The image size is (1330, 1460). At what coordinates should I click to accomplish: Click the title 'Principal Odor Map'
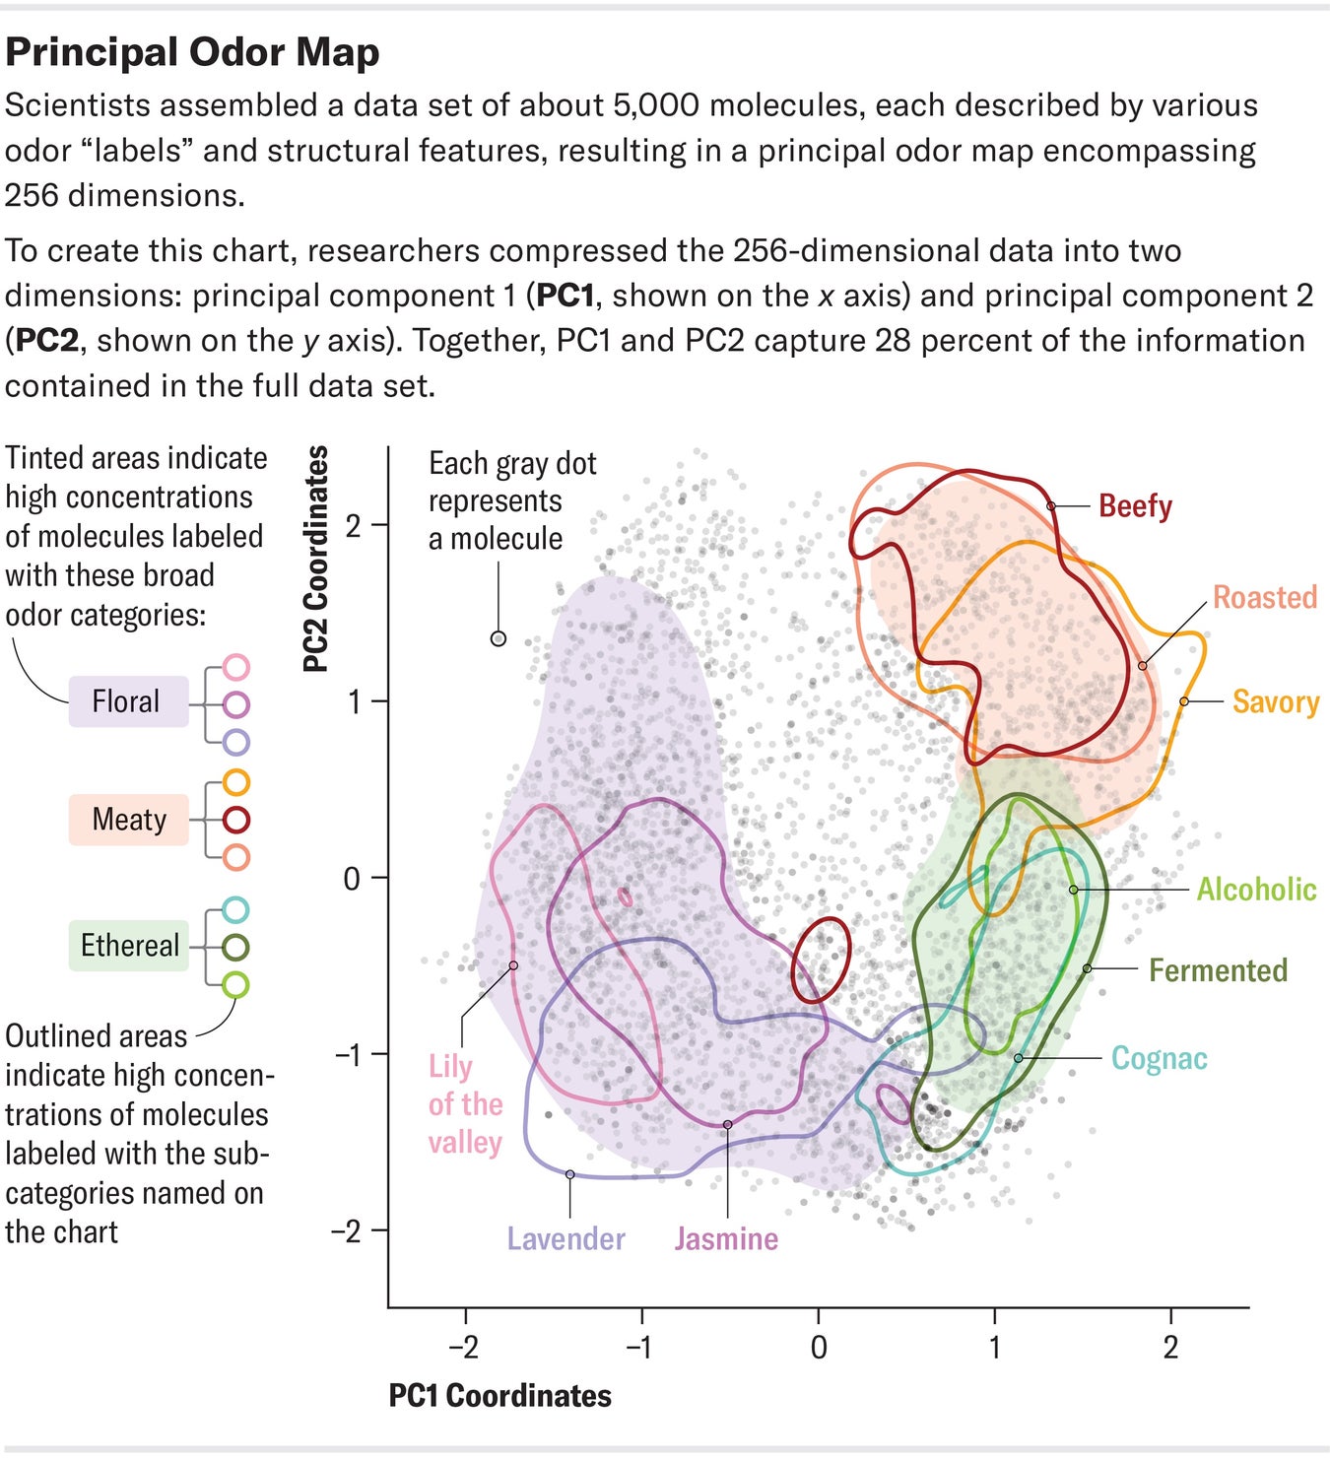(192, 53)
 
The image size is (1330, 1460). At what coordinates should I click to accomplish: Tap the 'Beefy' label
(1135, 506)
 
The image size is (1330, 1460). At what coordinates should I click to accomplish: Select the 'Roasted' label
(1264, 597)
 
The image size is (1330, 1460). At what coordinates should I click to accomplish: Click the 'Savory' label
(1275, 702)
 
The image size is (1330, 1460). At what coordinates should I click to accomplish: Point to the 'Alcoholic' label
(1256, 890)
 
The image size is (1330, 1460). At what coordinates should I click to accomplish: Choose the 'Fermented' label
(1218, 970)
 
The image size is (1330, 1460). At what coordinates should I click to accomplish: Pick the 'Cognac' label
(1159, 1058)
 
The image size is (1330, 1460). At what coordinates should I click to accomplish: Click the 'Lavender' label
(565, 1239)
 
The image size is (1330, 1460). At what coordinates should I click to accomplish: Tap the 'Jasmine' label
(726, 1239)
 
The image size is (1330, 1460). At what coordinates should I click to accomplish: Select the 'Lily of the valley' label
(465, 1104)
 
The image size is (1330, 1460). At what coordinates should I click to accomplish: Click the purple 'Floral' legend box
(128, 701)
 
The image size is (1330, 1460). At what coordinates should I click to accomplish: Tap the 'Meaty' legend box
(128, 820)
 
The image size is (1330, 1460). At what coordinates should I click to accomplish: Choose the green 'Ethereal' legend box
(128, 946)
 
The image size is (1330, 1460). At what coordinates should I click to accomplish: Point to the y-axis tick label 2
(353, 525)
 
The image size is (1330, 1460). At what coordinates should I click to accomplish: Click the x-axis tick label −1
(639, 1348)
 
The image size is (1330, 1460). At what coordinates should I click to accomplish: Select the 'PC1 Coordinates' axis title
(499, 1396)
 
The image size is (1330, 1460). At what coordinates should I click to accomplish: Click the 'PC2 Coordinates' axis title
(315, 559)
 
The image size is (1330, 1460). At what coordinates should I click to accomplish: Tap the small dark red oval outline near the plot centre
(821, 961)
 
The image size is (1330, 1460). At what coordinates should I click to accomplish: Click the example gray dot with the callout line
(499, 638)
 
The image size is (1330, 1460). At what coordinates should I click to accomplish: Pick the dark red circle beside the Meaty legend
(235, 820)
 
